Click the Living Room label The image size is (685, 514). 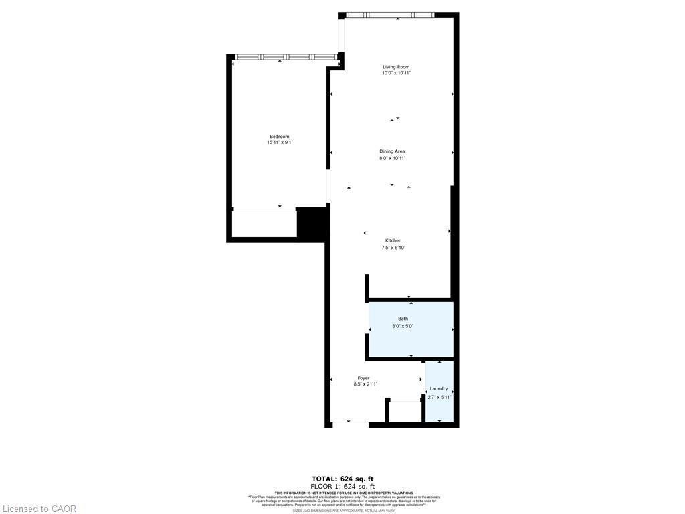pos(395,67)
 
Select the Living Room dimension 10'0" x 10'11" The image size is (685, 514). pos(395,73)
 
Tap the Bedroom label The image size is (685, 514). pos(280,137)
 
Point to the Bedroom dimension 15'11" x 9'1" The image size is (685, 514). pos(280,143)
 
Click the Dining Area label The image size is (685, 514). pos(393,151)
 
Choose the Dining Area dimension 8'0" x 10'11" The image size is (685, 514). pos(393,158)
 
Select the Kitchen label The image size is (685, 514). pos(393,240)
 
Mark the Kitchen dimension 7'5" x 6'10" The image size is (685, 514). pos(393,247)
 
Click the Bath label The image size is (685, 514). pos(403,319)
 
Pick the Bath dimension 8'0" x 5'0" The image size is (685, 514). pos(403,326)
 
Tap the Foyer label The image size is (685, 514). pos(363,378)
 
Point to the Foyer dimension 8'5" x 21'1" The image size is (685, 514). pos(365,384)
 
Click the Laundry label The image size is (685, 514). pos(439,389)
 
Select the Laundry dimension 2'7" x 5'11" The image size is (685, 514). pos(439,397)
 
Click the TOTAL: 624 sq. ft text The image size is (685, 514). pos(342,478)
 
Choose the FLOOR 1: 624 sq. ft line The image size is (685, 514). pos(342,486)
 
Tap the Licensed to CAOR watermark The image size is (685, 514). pos(39,509)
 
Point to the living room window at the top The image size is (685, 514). pos(390,15)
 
